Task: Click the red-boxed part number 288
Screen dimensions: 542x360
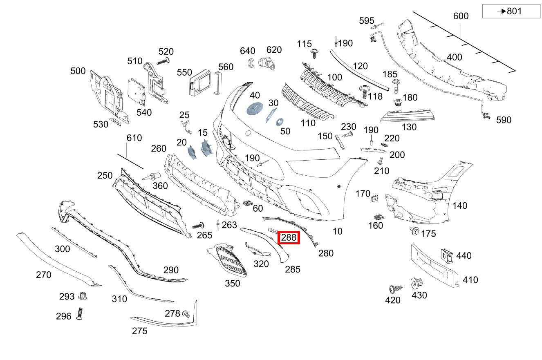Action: coord(289,237)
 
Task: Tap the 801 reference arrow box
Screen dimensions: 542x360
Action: coord(511,11)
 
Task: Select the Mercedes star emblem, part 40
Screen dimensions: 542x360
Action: coord(255,109)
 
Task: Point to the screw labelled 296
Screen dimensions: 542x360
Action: coord(80,314)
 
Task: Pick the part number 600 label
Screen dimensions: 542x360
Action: coord(461,16)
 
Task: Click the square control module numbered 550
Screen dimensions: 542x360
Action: coord(199,83)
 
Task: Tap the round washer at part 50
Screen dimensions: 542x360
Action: coord(280,122)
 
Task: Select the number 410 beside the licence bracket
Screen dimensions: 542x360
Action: coord(470,280)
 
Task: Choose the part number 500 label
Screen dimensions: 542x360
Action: coord(78,71)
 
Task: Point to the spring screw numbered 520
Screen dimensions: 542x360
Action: coord(163,61)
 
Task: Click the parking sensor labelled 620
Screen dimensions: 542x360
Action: coord(267,63)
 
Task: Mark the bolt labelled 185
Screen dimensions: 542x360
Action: coord(396,86)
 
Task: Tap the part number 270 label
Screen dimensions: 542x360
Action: coord(44,275)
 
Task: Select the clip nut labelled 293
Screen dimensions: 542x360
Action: coord(83,296)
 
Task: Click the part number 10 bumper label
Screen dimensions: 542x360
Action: coord(337,231)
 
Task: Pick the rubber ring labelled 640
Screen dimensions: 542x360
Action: coord(251,63)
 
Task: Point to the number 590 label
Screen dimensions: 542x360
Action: coord(504,120)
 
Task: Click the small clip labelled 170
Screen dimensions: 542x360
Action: coord(374,198)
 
